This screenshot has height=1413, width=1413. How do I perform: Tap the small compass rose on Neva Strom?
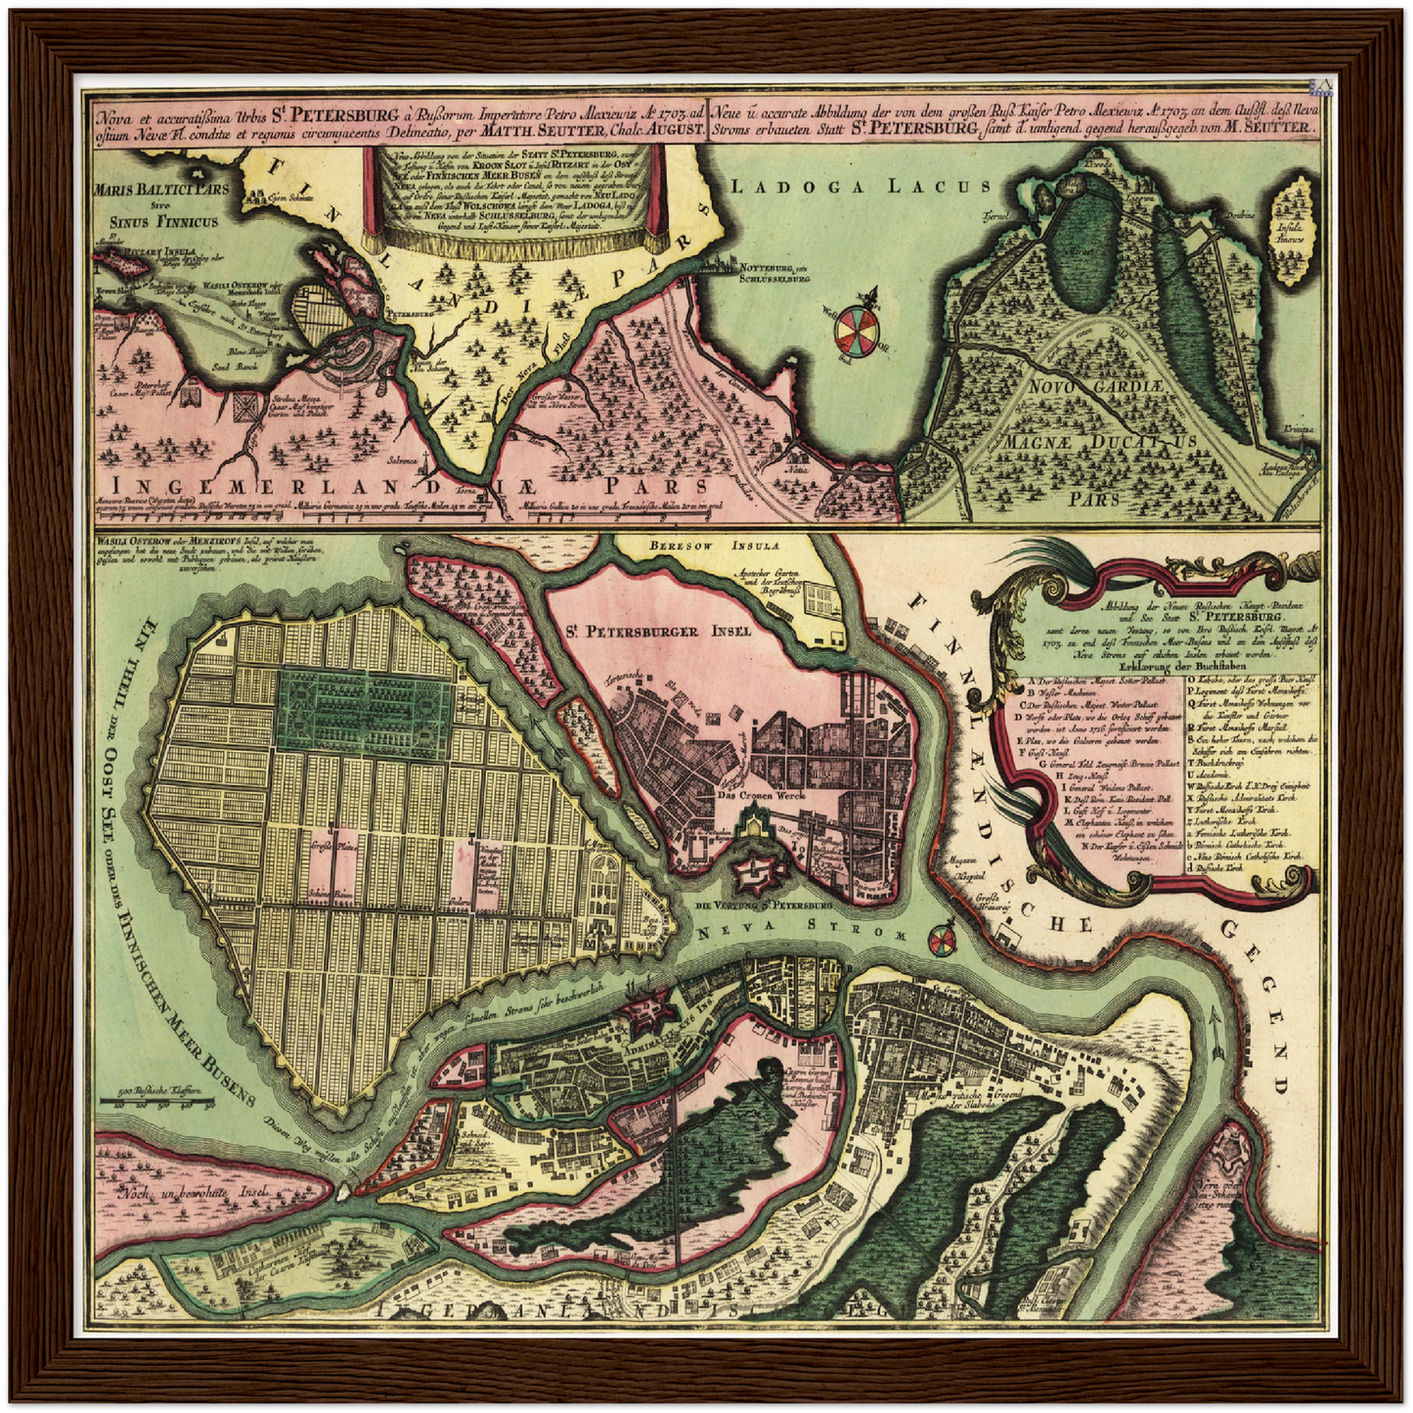pyautogui.click(x=943, y=941)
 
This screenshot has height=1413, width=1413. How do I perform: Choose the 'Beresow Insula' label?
pyautogui.click(x=713, y=548)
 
